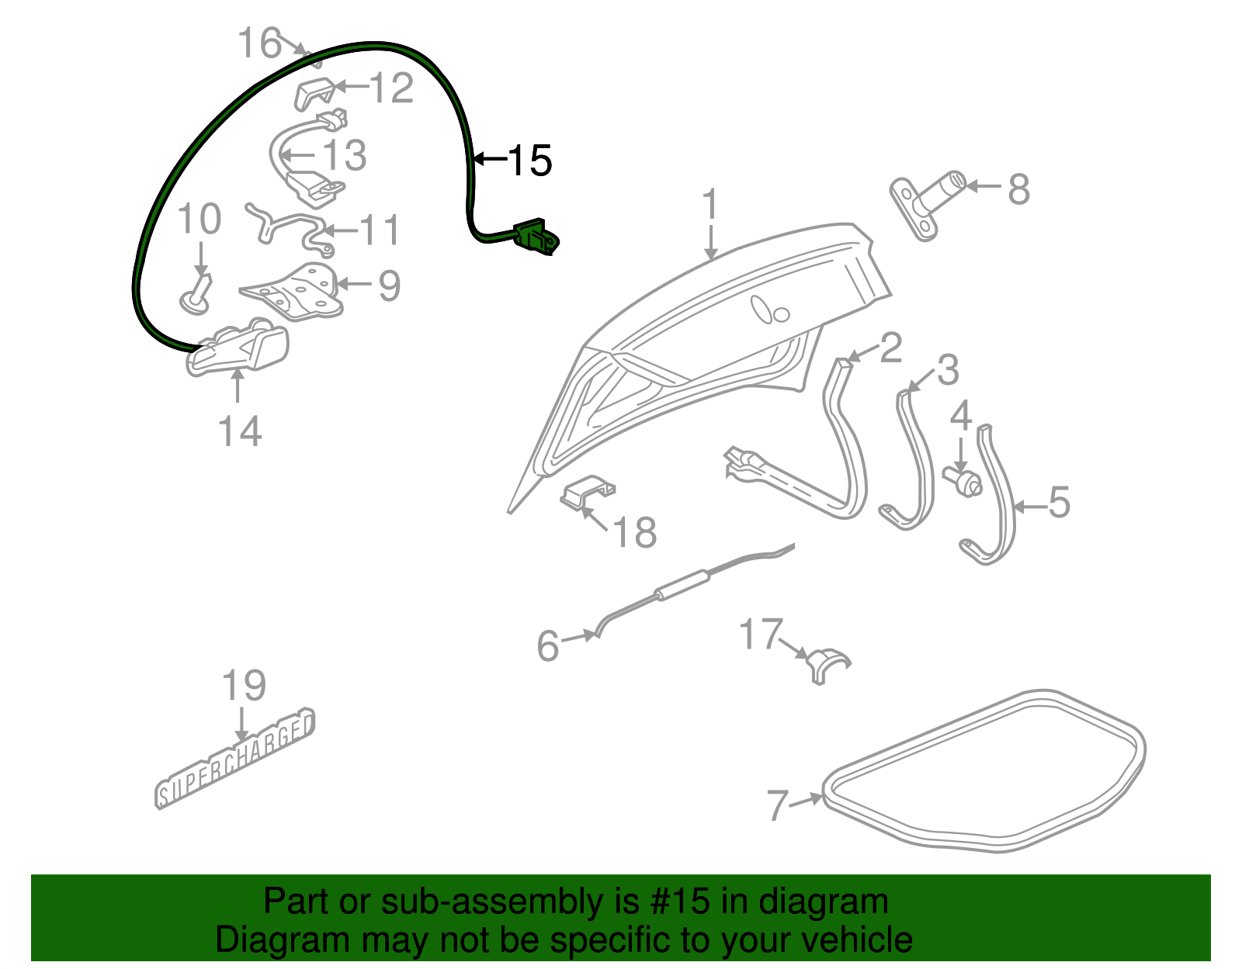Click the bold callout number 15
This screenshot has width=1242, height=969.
point(530,161)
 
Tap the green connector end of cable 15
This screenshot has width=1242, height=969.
point(536,236)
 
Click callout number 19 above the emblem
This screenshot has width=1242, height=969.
point(244,686)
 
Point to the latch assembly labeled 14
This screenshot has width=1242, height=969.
point(239,350)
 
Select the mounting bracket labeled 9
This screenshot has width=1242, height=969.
point(296,292)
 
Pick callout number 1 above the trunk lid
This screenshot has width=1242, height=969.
point(710,205)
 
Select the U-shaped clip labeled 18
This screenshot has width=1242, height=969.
point(588,492)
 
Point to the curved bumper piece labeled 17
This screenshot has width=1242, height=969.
point(827,663)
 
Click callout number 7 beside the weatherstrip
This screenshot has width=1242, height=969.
point(777,805)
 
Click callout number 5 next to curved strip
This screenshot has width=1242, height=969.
point(1059,503)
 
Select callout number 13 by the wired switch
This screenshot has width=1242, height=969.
point(344,156)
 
